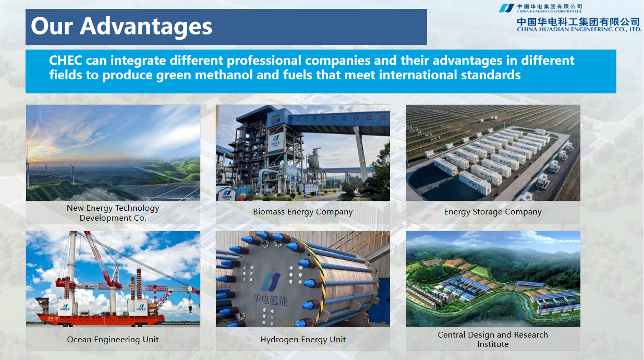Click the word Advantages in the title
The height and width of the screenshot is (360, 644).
146,26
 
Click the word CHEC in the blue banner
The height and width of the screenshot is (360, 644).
66,61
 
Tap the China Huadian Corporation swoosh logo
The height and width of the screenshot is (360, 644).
506,8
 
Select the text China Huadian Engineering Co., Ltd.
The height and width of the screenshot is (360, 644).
579,29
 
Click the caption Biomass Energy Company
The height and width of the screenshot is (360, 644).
303,212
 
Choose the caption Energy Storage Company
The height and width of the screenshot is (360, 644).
493,212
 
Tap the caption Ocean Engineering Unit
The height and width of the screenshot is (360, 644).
113,340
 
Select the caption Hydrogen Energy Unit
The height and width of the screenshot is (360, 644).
303,340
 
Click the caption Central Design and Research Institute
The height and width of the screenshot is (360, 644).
493,340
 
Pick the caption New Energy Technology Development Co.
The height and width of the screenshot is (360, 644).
113,213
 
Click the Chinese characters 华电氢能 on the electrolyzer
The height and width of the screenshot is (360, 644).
271,299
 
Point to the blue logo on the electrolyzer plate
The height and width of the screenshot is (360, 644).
270,282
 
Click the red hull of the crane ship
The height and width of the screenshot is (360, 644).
101,319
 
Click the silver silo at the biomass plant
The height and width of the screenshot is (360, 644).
314,161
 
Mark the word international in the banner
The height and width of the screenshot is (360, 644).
418,75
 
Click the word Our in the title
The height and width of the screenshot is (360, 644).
52,26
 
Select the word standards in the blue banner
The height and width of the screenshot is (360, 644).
491,75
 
